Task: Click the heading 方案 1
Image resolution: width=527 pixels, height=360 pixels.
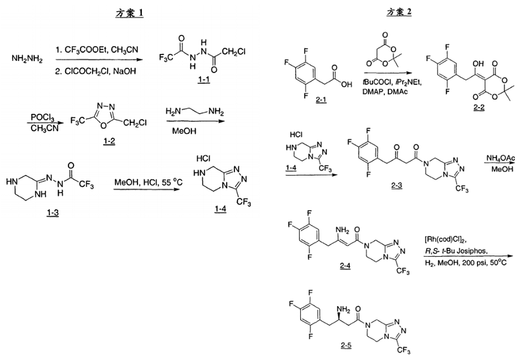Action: (130, 13)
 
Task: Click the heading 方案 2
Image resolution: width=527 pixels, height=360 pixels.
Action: (399, 12)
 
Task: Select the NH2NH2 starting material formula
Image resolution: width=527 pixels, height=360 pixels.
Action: (27, 59)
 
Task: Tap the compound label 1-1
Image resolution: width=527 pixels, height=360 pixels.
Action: (204, 80)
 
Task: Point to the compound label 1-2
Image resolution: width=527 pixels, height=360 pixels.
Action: (109, 141)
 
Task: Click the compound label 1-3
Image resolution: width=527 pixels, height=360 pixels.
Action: (53, 212)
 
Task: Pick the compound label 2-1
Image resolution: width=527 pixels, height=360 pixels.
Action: (321, 100)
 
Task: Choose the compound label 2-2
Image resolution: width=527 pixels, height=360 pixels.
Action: (479, 108)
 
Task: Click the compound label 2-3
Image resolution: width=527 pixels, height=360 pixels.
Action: (397, 185)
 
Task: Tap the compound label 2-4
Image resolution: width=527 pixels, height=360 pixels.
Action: (345, 266)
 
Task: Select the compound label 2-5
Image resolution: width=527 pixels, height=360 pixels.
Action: (346, 345)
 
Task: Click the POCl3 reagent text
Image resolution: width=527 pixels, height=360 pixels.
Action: (42, 117)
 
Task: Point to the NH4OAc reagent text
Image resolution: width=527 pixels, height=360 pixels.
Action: (500, 158)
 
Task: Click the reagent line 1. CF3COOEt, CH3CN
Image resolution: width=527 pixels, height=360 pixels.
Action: (98, 50)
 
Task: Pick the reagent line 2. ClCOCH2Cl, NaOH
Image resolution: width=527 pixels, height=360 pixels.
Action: (96, 72)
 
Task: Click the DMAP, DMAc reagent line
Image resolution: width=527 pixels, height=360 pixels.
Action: (385, 91)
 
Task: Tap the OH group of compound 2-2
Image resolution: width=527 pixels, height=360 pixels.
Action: (478, 63)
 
